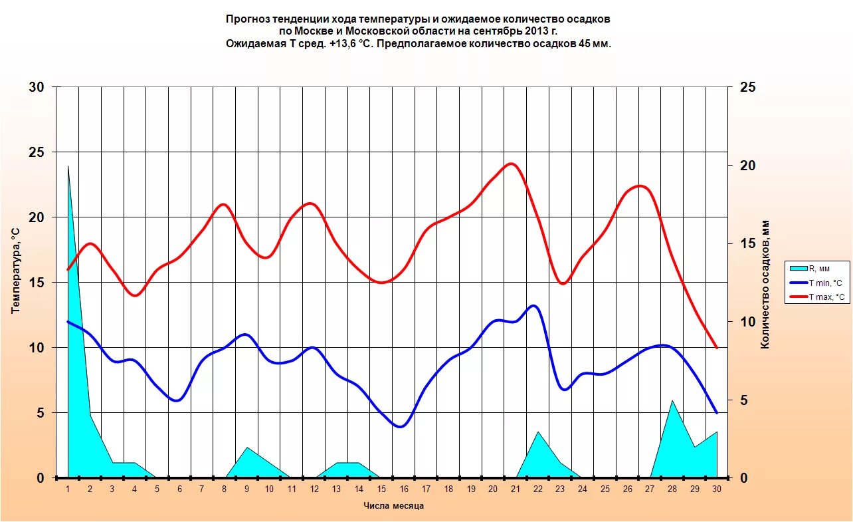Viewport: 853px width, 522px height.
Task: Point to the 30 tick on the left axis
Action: pos(37,87)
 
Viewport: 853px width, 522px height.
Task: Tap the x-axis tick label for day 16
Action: pos(403,489)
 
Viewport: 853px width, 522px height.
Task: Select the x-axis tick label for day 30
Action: pos(717,489)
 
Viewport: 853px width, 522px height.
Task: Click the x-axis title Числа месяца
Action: pos(393,506)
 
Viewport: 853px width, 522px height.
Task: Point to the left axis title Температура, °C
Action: pos(16,269)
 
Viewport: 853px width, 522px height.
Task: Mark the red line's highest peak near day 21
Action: pos(510,163)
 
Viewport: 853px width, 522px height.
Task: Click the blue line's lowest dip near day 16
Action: pos(399,427)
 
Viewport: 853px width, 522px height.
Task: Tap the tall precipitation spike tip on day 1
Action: pos(68,166)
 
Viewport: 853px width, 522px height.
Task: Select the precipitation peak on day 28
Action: pos(672,400)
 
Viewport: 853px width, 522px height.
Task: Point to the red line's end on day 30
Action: pos(717,348)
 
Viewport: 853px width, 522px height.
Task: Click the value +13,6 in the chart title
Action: pos(341,44)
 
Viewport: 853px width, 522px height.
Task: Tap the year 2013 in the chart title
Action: pos(537,31)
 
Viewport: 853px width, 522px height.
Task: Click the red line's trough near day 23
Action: pos(563,284)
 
